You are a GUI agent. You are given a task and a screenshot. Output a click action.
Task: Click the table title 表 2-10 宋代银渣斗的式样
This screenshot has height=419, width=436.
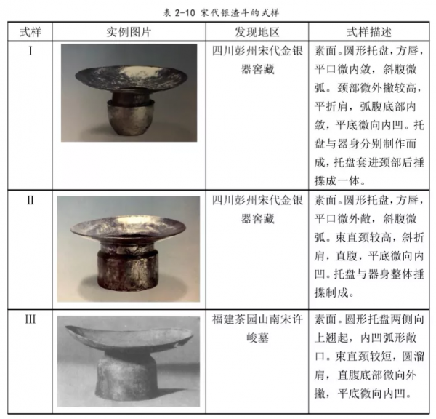pos(217,9)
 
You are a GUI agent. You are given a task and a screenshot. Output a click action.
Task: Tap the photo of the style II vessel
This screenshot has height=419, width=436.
pos(129,248)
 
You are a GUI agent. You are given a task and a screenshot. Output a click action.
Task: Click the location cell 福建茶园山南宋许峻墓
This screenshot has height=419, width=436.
pos(257,327)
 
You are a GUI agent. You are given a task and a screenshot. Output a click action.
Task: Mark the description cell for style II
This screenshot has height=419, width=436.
pos(371,247)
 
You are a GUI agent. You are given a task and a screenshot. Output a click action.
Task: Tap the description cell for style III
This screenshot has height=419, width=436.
pos(371,357)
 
